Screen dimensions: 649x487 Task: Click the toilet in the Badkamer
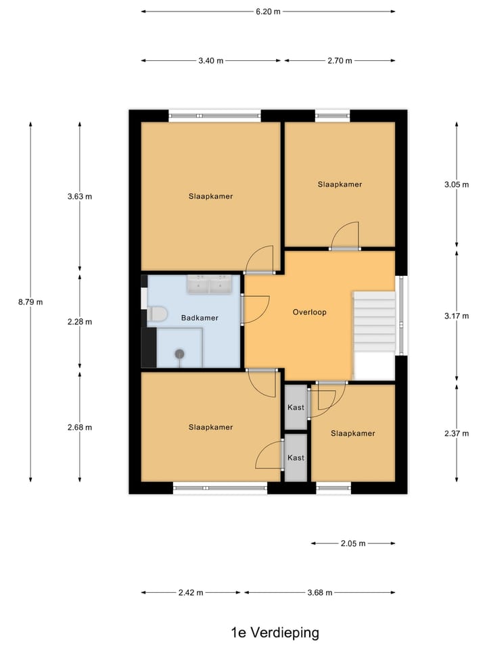[157, 314]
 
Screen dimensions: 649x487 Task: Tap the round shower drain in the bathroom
[180, 353]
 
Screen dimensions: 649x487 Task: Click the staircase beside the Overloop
[373, 322]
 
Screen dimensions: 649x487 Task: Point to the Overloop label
[310, 312]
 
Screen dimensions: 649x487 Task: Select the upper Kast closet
[296, 407]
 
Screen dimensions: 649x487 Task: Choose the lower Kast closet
[296, 458]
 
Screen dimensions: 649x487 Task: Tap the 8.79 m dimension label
[30, 302]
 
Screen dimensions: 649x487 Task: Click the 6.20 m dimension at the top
[268, 11]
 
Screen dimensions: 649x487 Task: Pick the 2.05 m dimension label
[352, 543]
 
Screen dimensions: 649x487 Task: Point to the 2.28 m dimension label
[80, 322]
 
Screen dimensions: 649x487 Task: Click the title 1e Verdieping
[275, 633]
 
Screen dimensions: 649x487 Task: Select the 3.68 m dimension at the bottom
[319, 593]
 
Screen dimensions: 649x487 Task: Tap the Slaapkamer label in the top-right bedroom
[340, 184]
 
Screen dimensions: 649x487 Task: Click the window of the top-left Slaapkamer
[214, 116]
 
